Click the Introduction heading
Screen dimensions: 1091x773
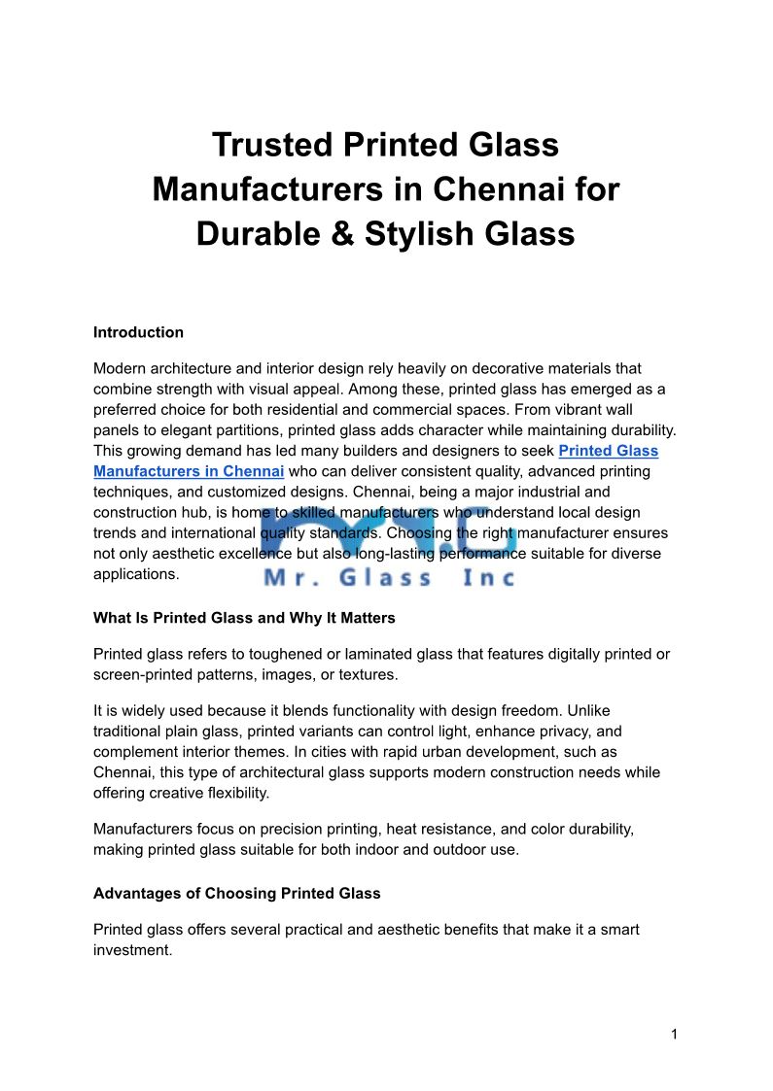coord(138,332)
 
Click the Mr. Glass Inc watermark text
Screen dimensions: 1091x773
coord(389,578)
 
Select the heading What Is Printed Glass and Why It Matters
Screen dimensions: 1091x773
coord(244,618)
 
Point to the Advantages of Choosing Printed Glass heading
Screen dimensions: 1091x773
coord(236,893)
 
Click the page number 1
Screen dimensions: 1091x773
coord(674,1035)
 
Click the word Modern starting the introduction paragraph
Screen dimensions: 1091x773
coord(121,368)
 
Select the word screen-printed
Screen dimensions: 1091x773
coord(142,674)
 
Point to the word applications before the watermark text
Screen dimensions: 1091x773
coord(136,573)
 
